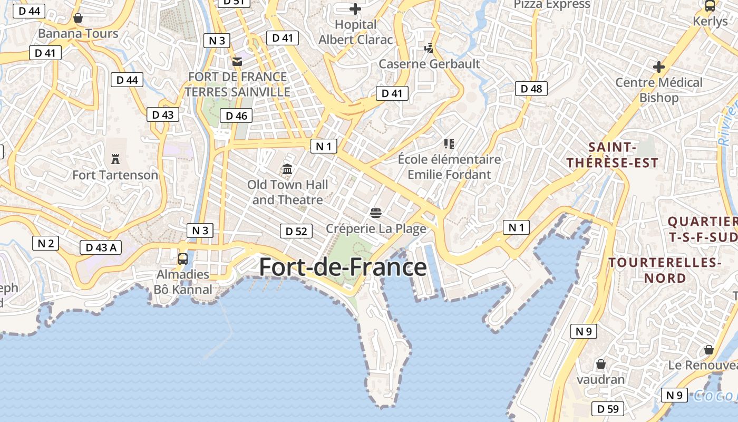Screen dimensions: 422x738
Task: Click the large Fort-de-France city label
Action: click(x=343, y=267)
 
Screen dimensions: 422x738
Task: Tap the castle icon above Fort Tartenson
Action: click(x=115, y=158)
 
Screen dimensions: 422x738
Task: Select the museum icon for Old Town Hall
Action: click(x=287, y=169)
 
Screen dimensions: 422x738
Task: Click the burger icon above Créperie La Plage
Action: click(x=375, y=213)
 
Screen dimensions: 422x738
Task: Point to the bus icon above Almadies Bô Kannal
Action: click(x=183, y=258)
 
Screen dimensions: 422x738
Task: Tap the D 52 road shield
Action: click(x=296, y=231)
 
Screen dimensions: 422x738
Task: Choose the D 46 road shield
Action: click(x=236, y=116)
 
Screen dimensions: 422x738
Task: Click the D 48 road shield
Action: click(x=531, y=89)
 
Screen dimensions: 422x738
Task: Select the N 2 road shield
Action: click(x=45, y=243)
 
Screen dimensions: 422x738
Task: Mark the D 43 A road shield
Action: click(x=101, y=247)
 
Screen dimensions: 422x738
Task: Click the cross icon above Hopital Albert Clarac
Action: click(x=355, y=8)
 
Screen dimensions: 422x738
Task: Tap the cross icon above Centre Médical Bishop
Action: click(x=658, y=67)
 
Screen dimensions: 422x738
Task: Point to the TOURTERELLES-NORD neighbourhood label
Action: click(x=664, y=270)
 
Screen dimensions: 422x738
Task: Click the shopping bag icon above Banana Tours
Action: click(x=78, y=18)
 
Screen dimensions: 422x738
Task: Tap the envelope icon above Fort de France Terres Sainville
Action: click(x=237, y=62)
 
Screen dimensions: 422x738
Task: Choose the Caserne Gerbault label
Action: click(x=430, y=64)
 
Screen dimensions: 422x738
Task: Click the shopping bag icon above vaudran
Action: click(x=600, y=364)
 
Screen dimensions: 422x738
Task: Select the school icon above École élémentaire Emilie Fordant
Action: click(x=449, y=143)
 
